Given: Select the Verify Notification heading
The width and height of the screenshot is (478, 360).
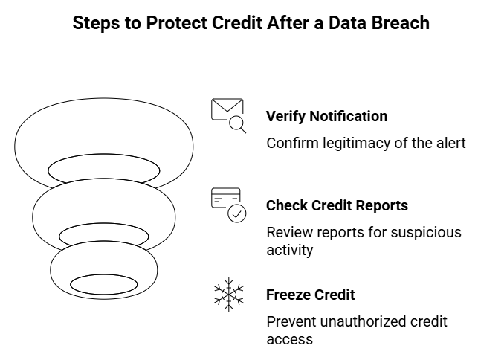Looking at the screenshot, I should (x=326, y=117).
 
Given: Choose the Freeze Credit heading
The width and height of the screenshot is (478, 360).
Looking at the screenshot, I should (x=310, y=295).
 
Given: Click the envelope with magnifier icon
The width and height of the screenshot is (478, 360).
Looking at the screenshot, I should (x=227, y=115).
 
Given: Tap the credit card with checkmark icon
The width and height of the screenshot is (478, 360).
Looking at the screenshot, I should (x=227, y=205).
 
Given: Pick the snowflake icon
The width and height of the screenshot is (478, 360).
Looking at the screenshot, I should (x=228, y=294).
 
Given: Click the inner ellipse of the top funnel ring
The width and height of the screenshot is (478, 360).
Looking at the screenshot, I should (x=103, y=170).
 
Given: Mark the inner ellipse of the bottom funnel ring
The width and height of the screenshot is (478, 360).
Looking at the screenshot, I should (x=103, y=284).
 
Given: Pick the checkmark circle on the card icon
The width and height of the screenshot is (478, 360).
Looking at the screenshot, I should (x=237, y=214).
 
